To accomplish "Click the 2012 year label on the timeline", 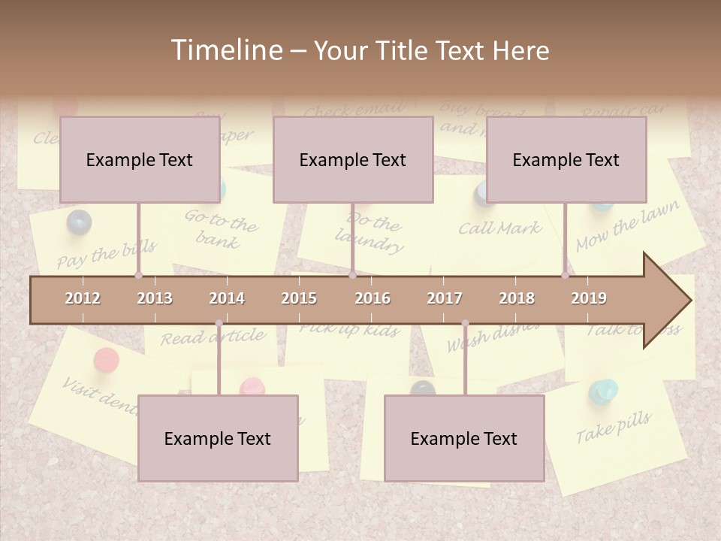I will coord(83,298).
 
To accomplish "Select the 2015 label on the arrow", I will coord(299,298).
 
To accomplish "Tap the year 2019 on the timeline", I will coord(589,298).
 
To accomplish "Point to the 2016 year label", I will coord(373,298).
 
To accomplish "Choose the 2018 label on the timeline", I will coord(517,298).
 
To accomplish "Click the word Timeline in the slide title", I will coord(225,50).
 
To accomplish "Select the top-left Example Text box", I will coord(140,160).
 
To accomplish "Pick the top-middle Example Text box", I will coord(353,160).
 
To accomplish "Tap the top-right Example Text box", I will coord(566,160).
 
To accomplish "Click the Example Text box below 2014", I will coord(218,439).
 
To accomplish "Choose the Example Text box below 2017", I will coord(464,439).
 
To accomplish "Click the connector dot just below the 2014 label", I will coord(219,323).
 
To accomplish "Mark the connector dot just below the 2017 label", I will coord(465,323).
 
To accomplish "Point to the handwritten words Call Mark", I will coord(499,228).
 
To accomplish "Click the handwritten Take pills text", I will coord(614,428).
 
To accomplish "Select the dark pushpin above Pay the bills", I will coord(78,222).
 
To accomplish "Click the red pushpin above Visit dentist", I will coord(106,360).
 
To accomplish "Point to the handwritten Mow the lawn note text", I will coord(627,226).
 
